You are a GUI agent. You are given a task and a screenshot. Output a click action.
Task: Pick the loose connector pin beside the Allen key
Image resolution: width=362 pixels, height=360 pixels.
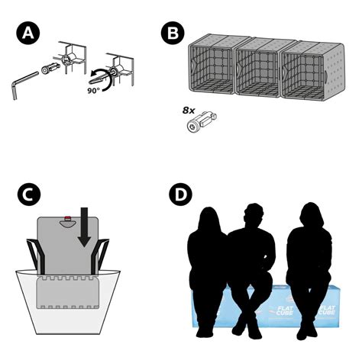(50, 70)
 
